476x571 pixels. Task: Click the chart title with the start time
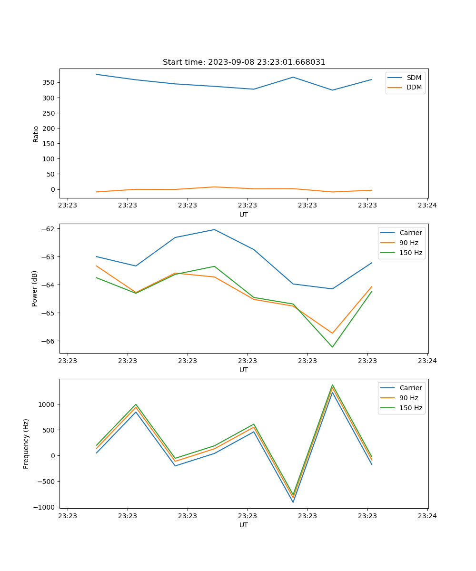click(244, 62)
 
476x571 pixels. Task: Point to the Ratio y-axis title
click(36, 134)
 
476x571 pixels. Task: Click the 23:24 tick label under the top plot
click(427, 206)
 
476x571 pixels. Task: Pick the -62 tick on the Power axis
click(50, 229)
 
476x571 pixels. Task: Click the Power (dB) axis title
click(35, 289)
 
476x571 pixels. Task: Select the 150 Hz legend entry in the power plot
click(411, 253)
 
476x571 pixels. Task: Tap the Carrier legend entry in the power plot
click(410, 233)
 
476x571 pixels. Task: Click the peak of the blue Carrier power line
click(214, 230)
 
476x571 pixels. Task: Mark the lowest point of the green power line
click(332, 347)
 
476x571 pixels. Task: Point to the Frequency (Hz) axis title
click(26, 443)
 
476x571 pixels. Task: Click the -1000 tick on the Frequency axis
click(46, 507)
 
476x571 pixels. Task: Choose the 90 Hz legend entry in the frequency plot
click(408, 398)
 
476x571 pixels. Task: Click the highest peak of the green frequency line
click(332, 385)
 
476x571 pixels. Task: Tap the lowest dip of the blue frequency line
click(293, 502)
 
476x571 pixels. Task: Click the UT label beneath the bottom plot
click(244, 525)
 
